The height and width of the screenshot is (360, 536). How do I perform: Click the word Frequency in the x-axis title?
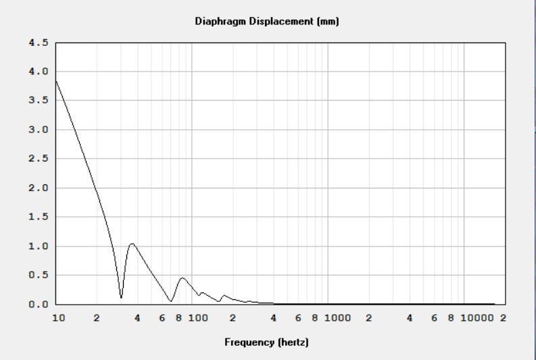pyautogui.click(x=247, y=342)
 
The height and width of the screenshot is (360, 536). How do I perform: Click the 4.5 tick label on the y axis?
pyautogui.click(x=39, y=43)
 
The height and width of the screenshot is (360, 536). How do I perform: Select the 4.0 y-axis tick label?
pyautogui.click(x=39, y=72)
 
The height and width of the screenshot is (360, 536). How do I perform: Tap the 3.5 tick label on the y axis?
pyautogui.click(x=39, y=101)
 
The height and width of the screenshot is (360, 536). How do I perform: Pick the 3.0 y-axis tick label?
pyautogui.click(x=39, y=130)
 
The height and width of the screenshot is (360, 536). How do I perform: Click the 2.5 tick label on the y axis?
pyautogui.click(x=39, y=159)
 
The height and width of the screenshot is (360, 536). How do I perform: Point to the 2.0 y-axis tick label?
pyautogui.click(x=39, y=188)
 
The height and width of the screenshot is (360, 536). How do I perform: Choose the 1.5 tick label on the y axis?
pyautogui.click(x=39, y=217)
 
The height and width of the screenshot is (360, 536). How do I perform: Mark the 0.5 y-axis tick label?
pyautogui.click(x=39, y=275)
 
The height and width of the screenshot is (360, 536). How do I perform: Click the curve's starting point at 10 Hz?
pyautogui.click(x=56, y=81)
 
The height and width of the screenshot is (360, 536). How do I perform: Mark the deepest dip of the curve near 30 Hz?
pyautogui.click(x=122, y=297)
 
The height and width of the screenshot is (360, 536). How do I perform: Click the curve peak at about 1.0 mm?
pyautogui.click(x=132, y=244)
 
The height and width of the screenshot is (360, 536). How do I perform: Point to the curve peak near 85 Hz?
pyautogui.click(x=182, y=278)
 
